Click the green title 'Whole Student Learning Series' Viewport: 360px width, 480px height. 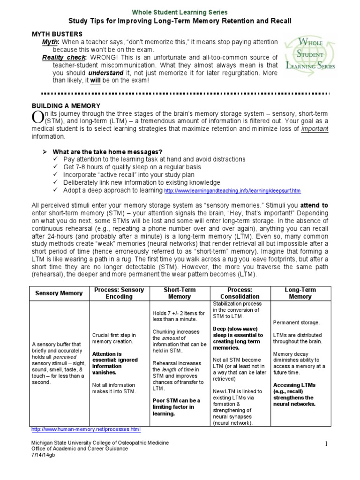(180, 12)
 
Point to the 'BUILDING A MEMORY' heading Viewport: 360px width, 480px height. (66, 106)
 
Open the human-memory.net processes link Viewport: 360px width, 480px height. (85, 429)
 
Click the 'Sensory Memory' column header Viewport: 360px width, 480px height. (59, 293)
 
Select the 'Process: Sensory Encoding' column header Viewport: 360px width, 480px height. (119, 293)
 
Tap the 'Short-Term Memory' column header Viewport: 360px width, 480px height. (180, 293)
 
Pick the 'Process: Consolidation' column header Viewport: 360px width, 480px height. (240, 293)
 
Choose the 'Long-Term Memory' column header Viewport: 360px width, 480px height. (300, 293)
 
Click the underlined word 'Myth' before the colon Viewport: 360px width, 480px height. (50, 42)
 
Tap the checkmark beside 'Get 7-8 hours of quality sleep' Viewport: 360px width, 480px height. (56, 167)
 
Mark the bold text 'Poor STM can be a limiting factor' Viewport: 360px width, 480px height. (176, 407)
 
